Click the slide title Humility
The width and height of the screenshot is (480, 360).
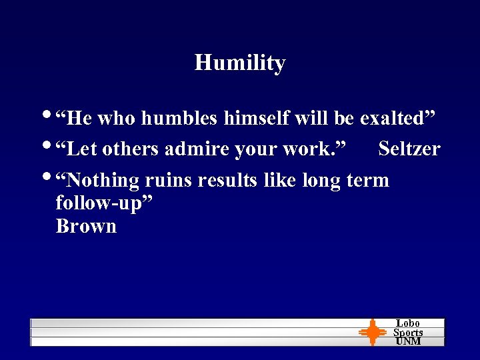click(x=240, y=63)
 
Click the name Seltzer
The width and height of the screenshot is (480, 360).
click(x=409, y=149)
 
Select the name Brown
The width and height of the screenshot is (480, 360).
click(x=86, y=226)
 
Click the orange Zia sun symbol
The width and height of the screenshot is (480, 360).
click(x=373, y=331)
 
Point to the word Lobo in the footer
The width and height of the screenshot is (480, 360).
click(x=408, y=323)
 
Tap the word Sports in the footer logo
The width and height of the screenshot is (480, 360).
click(x=408, y=332)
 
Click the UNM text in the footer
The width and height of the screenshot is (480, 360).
click(x=408, y=341)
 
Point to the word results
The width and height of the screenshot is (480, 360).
click(x=227, y=180)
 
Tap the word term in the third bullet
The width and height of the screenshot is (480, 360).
click(x=367, y=180)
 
